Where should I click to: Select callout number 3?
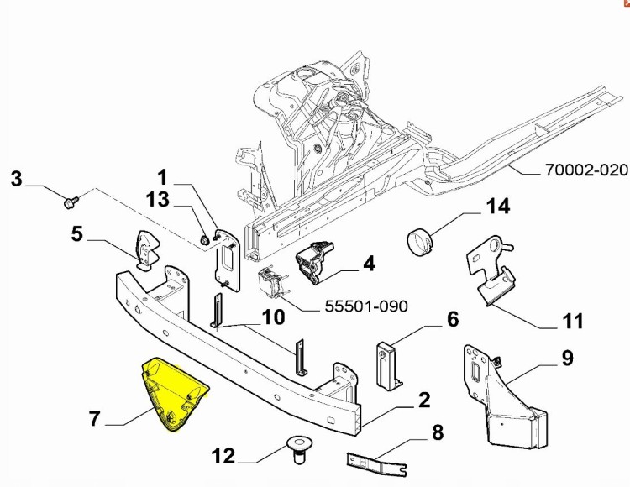tap(16, 178)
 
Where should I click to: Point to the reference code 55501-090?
tap(366, 306)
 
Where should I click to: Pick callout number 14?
tap(497, 207)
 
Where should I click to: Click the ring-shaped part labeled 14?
tap(422, 242)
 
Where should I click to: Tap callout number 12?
tap(223, 458)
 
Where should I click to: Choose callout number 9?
tap(567, 359)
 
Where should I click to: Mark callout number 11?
tap(572, 322)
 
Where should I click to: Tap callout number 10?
tap(273, 317)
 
